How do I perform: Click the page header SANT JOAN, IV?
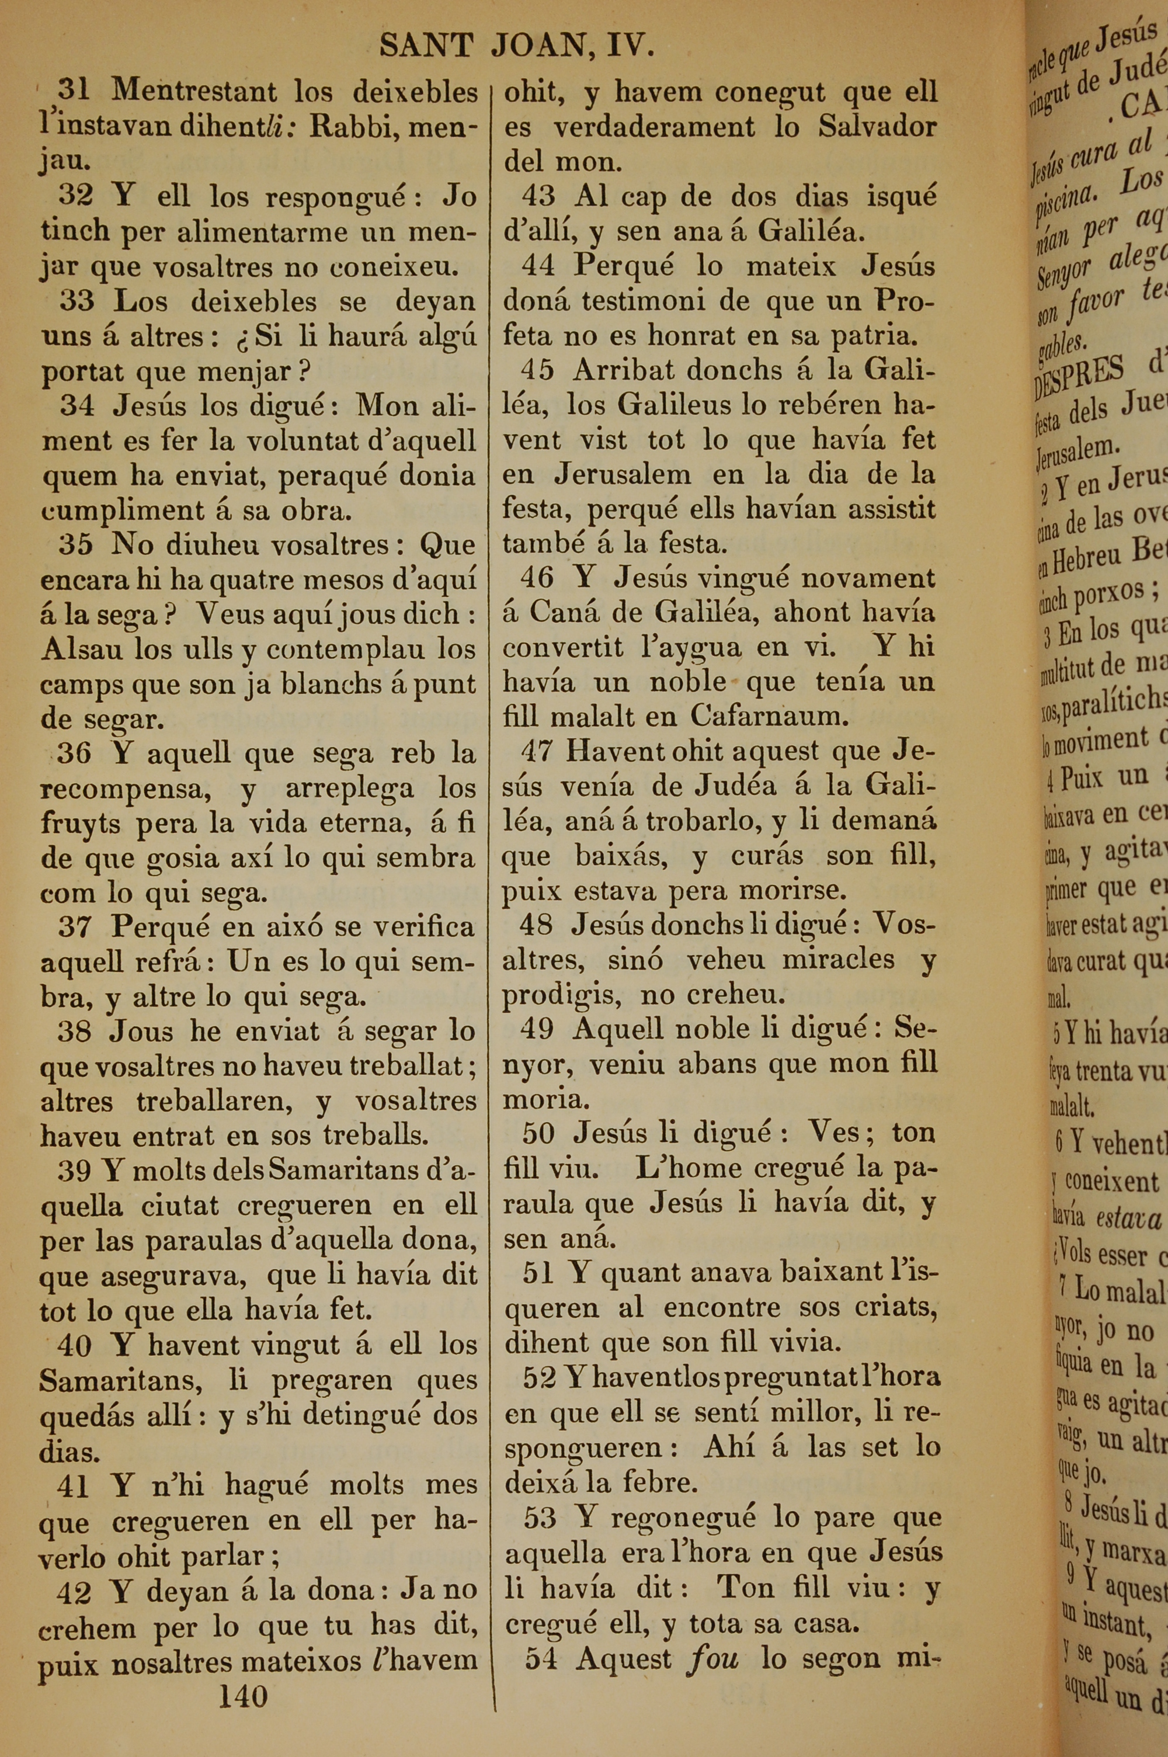517,46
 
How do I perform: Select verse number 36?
74,753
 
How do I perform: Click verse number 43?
538,196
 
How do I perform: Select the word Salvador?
877,127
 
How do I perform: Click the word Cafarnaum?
770,717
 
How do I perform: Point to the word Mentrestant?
194,91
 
